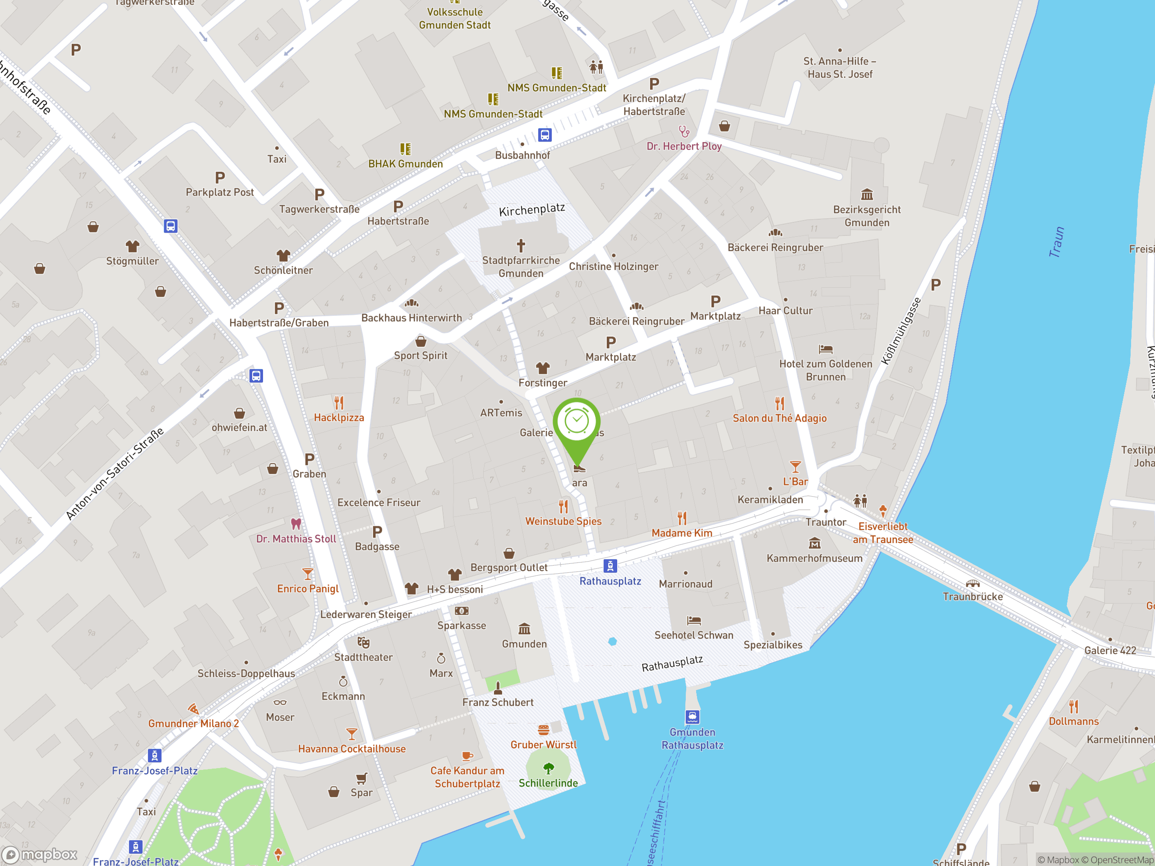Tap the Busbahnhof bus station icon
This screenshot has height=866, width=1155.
[x=545, y=135]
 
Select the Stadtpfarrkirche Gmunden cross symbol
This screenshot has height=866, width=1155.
[x=521, y=245]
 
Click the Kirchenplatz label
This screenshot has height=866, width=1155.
[x=531, y=210]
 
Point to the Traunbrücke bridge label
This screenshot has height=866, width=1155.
[x=972, y=597]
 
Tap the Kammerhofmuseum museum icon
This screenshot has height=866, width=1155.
[x=814, y=544]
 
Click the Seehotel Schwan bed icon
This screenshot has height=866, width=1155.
[x=693, y=621]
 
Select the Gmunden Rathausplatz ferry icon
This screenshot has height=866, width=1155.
[x=693, y=717]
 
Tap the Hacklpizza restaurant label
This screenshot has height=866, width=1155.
[x=339, y=418]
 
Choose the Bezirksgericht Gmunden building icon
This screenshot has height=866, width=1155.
[x=867, y=195]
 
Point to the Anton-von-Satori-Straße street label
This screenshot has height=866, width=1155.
[x=115, y=474]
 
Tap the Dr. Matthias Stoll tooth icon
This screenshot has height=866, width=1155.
[x=296, y=524]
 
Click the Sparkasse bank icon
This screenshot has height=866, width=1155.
[x=462, y=611]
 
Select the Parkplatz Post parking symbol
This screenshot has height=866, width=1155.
[x=220, y=177]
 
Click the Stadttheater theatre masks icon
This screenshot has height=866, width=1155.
[x=363, y=643]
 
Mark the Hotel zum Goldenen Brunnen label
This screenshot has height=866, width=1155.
[x=826, y=370]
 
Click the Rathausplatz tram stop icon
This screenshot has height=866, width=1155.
[x=610, y=565]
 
